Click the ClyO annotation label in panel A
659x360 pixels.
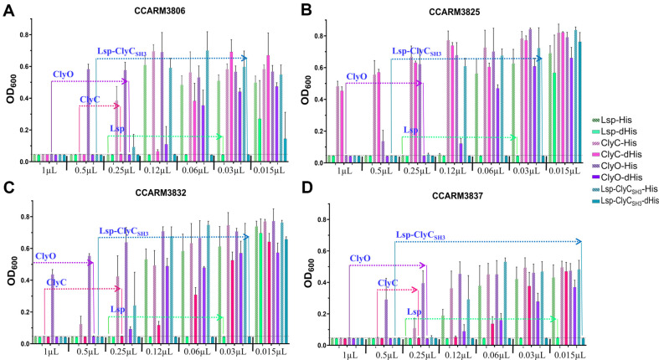[x=64, y=74]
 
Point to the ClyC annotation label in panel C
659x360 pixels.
[x=57, y=282]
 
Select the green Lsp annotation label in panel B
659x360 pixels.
[x=410, y=130]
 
